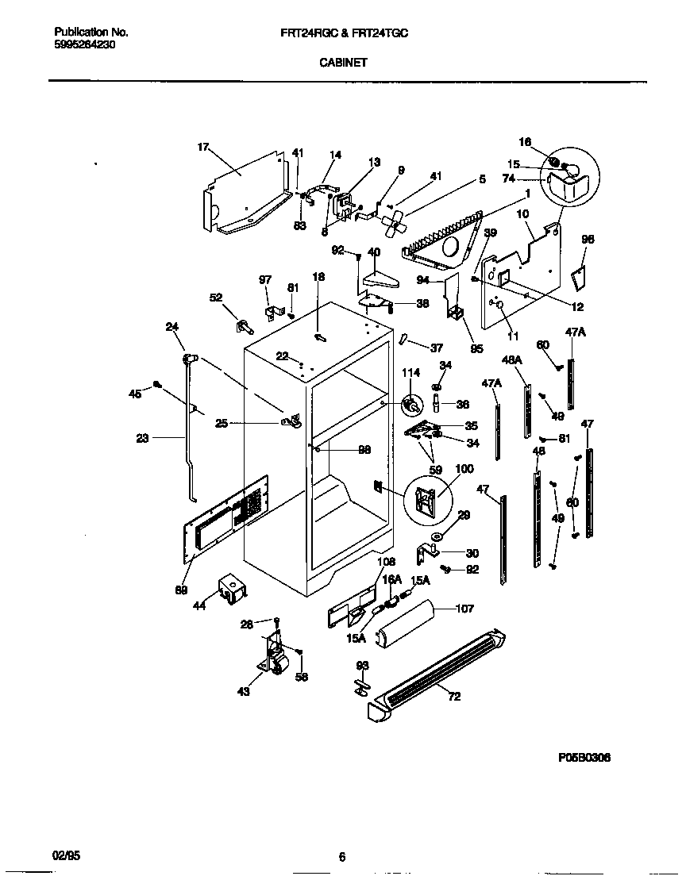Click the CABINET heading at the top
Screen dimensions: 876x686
coord(343,63)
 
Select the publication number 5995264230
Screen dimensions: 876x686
coord(85,44)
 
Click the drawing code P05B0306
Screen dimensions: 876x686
coord(584,758)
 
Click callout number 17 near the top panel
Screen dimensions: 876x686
coord(202,147)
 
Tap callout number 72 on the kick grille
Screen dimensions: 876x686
coord(453,697)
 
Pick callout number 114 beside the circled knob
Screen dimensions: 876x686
coord(410,373)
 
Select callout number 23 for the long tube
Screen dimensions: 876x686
coord(142,436)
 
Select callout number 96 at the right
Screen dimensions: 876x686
coord(588,239)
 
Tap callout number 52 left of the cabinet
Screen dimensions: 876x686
coord(215,297)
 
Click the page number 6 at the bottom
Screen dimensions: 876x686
coord(342,856)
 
